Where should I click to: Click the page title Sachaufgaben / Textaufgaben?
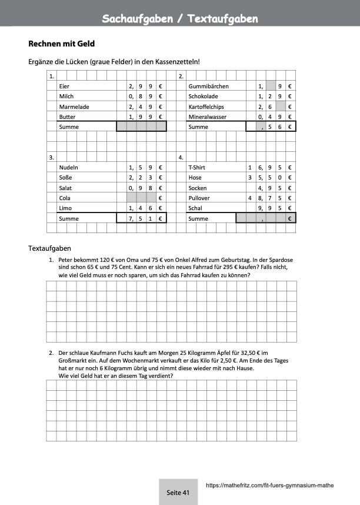[x=180, y=19]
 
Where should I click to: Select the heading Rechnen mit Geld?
[x=61, y=44]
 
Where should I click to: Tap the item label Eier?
[x=64, y=86]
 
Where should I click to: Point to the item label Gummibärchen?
[x=208, y=86]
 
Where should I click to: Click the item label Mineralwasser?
[x=207, y=117]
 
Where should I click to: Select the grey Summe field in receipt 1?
[x=141, y=127]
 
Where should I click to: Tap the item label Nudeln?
[x=69, y=168]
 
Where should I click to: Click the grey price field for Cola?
[x=141, y=198]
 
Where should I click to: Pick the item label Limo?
[x=65, y=208]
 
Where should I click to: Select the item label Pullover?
[x=199, y=198]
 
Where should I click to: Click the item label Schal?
[x=195, y=208]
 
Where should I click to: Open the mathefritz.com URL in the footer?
[x=270, y=486]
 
